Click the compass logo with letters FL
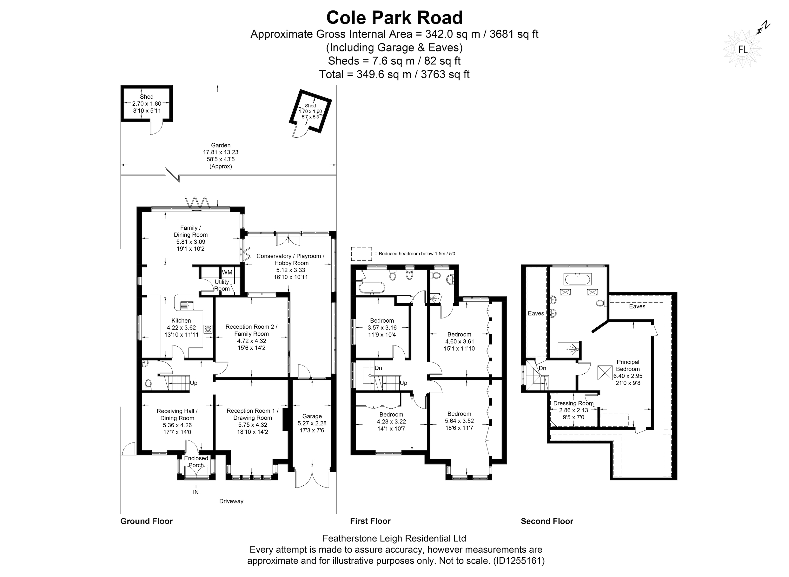click(743, 49)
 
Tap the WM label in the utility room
click(227, 272)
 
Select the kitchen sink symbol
click(187, 305)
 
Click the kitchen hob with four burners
click(208, 329)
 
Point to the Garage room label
click(312, 416)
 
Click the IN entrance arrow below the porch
click(196, 486)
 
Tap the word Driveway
click(231, 501)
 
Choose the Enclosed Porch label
click(196, 462)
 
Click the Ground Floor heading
click(146, 521)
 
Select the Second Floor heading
click(547, 521)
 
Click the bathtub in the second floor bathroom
click(577, 279)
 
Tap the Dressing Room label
click(574, 403)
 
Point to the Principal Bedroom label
click(628, 365)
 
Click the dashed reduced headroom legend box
click(361, 253)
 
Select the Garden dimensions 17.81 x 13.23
click(221, 152)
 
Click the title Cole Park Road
click(394, 17)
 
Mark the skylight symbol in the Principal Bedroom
click(605, 373)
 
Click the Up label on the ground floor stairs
click(194, 383)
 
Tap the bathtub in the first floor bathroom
click(372, 288)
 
